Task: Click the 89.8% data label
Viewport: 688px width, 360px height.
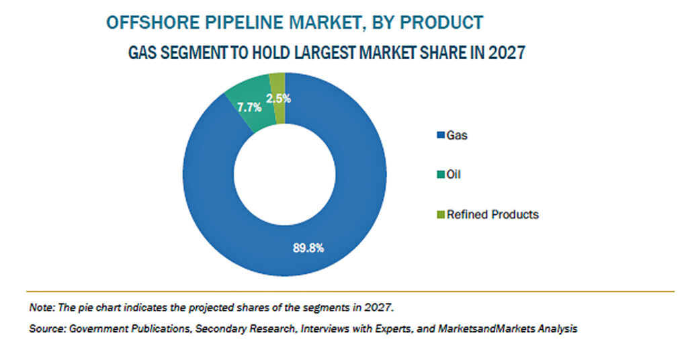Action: click(308, 249)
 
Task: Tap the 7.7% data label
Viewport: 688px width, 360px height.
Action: click(249, 107)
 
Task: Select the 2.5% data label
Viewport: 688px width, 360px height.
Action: click(278, 99)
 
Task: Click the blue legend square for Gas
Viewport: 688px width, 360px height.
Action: click(441, 136)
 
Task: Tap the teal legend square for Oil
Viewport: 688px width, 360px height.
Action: click(441, 175)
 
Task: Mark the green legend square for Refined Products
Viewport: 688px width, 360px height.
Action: click(441, 215)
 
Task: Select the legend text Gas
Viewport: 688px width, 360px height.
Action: click(457, 136)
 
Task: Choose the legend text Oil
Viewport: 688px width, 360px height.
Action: click(454, 175)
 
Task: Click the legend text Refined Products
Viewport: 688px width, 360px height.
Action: click(492, 214)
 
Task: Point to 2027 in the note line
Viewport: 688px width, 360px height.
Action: click(378, 308)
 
